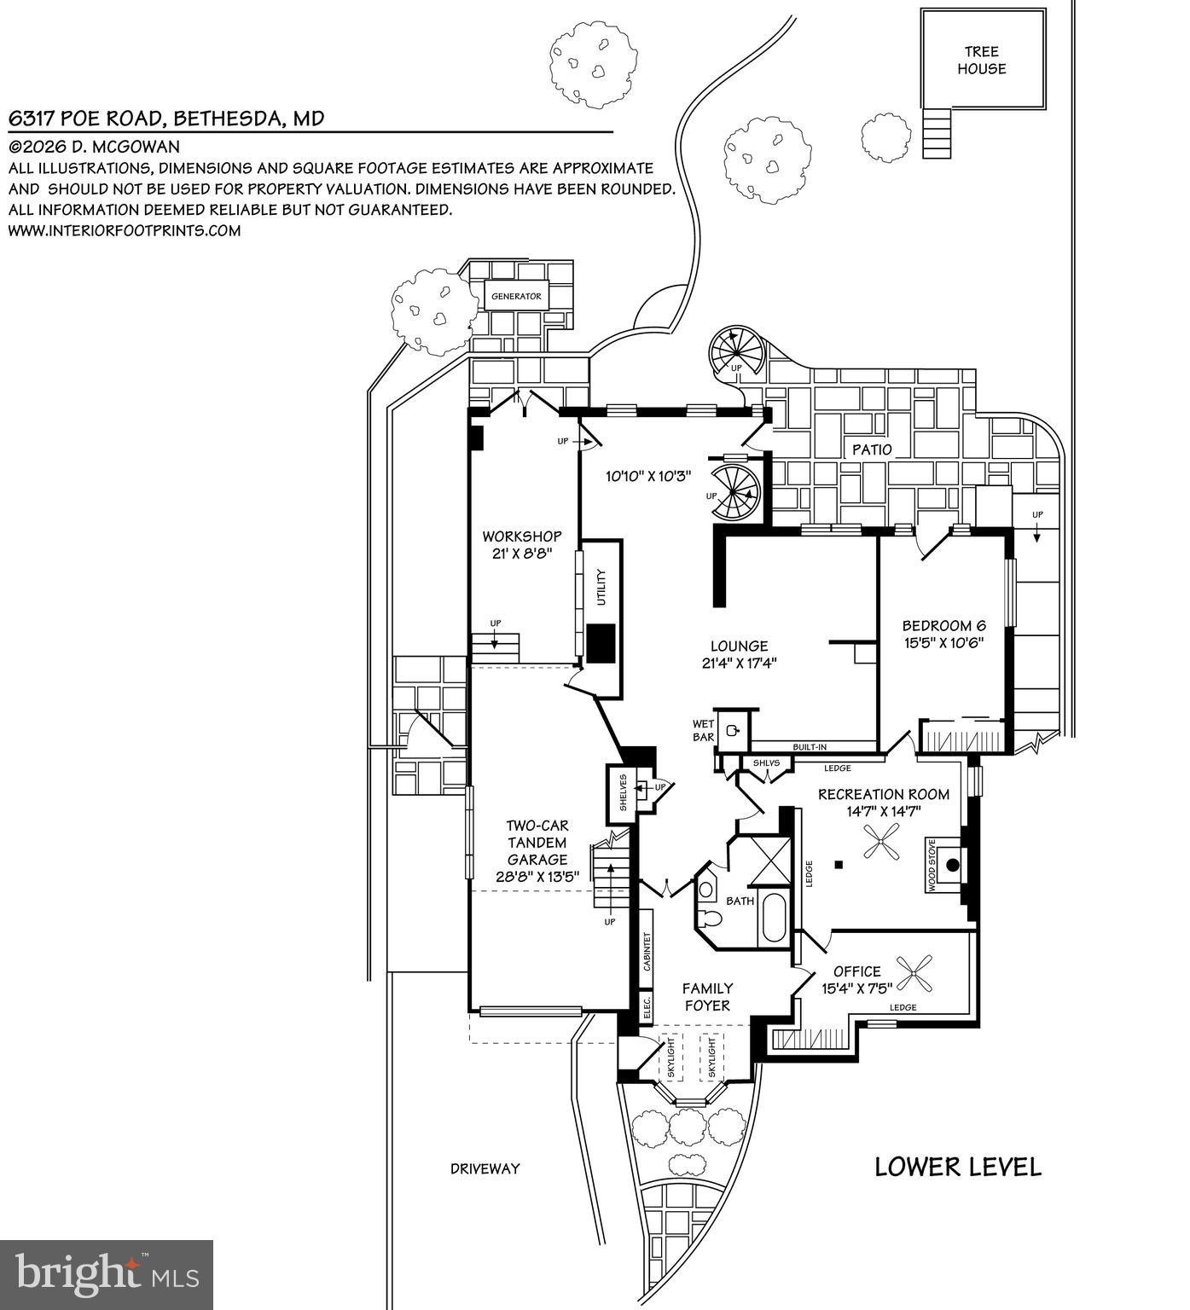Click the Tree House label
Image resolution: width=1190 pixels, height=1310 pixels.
click(981, 61)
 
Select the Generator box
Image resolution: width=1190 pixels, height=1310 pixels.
click(516, 297)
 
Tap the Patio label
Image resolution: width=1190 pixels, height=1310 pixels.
click(871, 449)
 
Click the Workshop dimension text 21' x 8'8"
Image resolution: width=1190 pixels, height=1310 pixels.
click(522, 553)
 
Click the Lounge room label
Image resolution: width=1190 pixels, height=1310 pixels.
click(739, 646)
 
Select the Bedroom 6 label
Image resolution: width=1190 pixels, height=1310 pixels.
click(943, 626)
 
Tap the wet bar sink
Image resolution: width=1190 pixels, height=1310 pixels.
click(733, 730)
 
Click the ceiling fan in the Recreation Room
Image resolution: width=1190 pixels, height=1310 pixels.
click(879, 841)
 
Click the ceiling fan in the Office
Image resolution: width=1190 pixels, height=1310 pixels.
click(919, 971)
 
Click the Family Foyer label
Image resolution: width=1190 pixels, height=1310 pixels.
click(707, 996)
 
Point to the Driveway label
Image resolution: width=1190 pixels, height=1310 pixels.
click(485, 1168)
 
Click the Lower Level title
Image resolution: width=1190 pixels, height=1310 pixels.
click(957, 1167)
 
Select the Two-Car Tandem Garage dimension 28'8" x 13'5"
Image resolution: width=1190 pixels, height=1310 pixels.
click(537, 876)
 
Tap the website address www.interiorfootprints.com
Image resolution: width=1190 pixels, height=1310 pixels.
click(125, 230)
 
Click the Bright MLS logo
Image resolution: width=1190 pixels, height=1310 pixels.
click(107, 1274)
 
